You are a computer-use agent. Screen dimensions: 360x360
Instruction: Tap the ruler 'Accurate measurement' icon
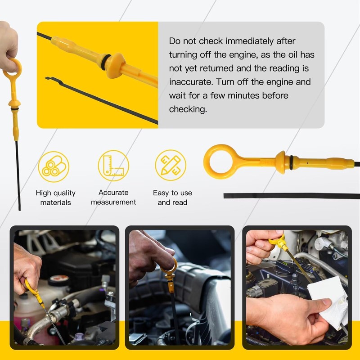[113, 166]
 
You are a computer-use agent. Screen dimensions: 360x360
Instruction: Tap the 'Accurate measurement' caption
[113, 198]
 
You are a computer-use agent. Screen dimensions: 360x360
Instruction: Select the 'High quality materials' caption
[55, 198]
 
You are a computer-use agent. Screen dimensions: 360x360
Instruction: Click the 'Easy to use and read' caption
[172, 198]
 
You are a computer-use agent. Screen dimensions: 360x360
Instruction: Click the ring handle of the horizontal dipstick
[220, 158]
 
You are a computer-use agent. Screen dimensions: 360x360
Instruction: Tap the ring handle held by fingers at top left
[12, 68]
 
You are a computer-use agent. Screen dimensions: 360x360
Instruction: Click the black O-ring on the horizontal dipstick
[292, 160]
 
